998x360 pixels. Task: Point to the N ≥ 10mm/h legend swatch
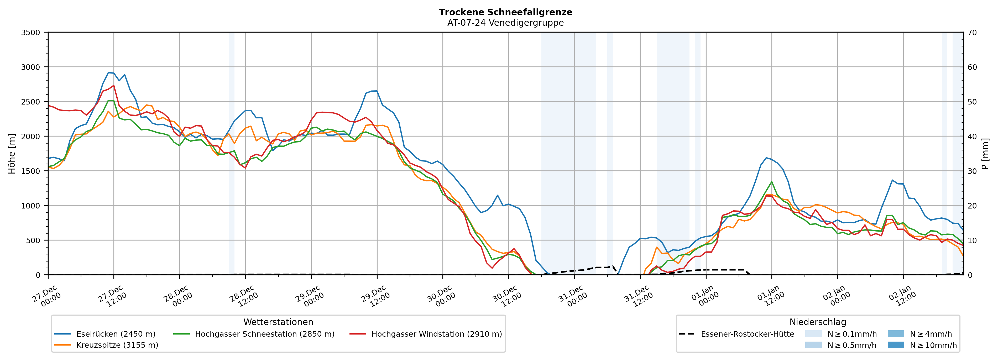(x=895, y=345)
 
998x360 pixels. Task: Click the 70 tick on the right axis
(x=973, y=33)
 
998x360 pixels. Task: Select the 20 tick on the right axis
(x=973, y=206)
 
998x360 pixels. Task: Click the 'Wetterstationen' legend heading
(x=278, y=322)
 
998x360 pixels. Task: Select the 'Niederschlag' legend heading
(x=817, y=322)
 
